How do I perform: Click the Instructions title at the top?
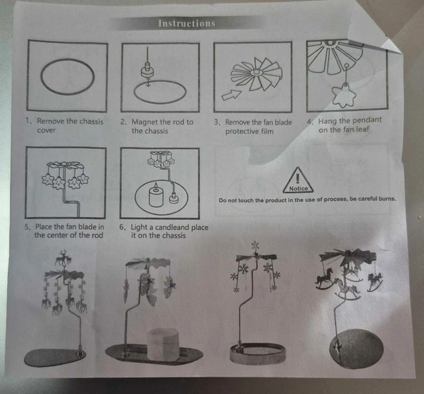pyautogui.click(x=187, y=23)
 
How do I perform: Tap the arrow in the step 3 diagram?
pyautogui.click(x=231, y=95)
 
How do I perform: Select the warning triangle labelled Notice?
pyautogui.click(x=298, y=180)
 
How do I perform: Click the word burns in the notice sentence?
pyautogui.click(x=387, y=199)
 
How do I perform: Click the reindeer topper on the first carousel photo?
pyautogui.click(x=64, y=258)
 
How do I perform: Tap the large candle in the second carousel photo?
pyautogui.click(x=163, y=345)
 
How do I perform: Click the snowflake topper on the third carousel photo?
pyautogui.click(x=255, y=246)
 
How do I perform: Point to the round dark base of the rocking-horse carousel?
pyautogui.click(x=356, y=349)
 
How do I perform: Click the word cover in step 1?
pyautogui.click(x=46, y=130)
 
